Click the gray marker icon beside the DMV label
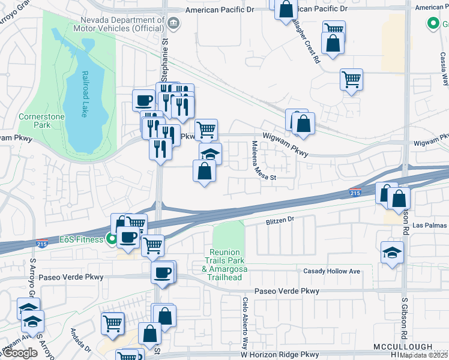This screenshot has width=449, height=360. click(x=173, y=23)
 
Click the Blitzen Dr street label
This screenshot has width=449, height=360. click(x=280, y=220)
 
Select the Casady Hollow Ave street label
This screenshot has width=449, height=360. click(x=332, y=271)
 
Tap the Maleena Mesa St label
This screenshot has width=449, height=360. click(x=255, y=161)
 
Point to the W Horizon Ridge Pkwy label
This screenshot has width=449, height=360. click(x=276, y=354)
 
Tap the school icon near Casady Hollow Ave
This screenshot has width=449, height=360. click(x=392, y=252)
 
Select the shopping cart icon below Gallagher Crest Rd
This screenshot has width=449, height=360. click(x=351, y=79)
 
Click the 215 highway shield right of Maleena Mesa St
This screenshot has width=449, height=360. click(x=355, y=193)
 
